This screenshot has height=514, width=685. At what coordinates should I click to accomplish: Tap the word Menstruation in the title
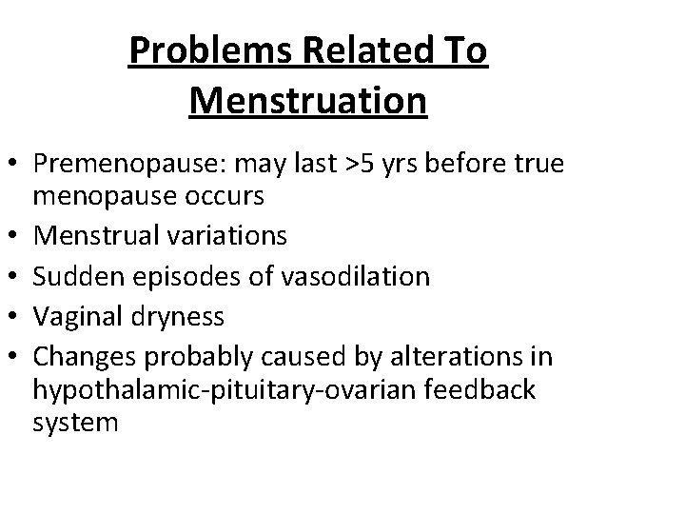click(x=307, y=99)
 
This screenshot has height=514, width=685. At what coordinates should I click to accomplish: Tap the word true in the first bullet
click(x=538, y=165)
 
